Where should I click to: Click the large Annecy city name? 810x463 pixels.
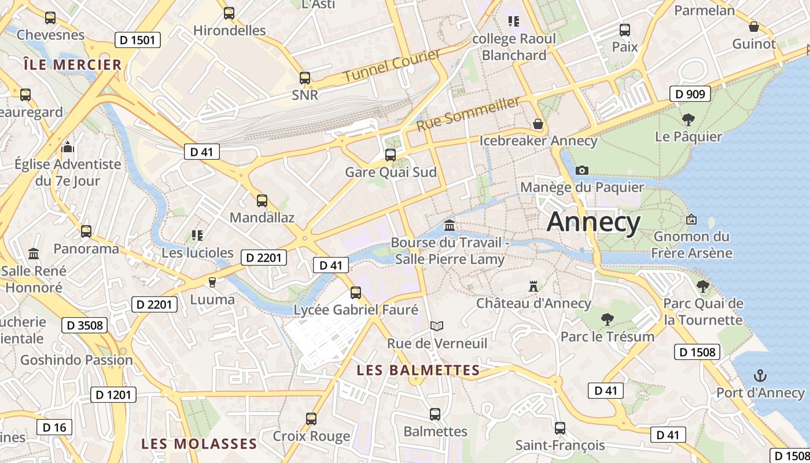tap(594, 222)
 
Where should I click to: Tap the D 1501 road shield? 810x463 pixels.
tap(137, 40)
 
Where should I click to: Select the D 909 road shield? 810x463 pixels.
tap(690, 94)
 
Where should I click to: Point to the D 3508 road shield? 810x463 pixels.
tap(84, 325)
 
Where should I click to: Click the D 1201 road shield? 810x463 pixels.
tap(113, 395)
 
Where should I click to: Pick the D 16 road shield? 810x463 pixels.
tap(55, 428)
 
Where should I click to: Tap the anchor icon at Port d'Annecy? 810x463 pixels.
tap(760, 376)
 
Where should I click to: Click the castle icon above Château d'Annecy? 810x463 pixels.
tap(533, 286)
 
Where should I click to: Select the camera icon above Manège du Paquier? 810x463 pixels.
tap(582, 170)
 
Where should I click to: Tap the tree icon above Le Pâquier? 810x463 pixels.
tap(688, 120)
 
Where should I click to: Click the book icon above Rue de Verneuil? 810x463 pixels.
tap(437, 326)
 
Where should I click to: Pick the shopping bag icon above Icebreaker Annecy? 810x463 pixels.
tap(538, 124)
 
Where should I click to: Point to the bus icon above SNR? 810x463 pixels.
tap(305, 78)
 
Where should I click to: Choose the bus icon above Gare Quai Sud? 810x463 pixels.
tap(391, 155)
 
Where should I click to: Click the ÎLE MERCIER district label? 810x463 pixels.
tap(73, 64)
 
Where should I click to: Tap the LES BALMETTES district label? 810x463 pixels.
tap(418, 370)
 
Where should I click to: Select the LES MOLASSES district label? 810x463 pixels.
tap(199, 444)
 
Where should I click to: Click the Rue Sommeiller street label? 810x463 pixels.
tap(468, 113)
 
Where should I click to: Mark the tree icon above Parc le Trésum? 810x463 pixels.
tap(607, 319)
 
